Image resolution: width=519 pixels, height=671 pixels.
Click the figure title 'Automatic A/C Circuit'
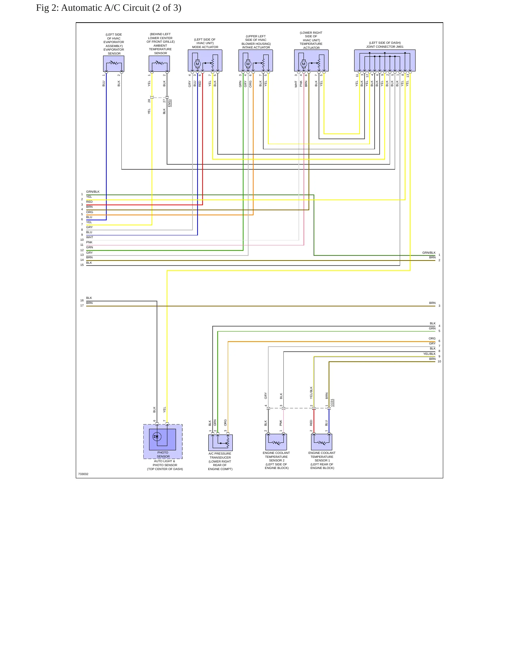click(105, 8)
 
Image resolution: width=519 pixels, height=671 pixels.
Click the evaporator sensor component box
click(113, 64)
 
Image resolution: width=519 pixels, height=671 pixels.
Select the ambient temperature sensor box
click(159, 64)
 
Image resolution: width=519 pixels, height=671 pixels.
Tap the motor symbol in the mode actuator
click(197, 64)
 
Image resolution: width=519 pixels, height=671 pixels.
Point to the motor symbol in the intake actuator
click(248, 64)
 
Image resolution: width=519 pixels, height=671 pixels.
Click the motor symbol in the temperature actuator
click(303, 64)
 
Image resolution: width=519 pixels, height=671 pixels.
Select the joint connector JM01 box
click(385, 60)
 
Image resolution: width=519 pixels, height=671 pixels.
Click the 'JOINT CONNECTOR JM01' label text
click(385, 47)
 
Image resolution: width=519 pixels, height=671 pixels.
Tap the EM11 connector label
click(170, 103)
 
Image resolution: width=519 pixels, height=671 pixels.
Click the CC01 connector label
click(332, 403)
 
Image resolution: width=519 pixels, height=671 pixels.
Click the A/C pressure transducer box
click(221, 443)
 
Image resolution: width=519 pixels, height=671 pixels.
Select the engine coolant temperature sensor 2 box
click(276, 442)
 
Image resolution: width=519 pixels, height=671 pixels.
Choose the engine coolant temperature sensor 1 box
click(321, 442)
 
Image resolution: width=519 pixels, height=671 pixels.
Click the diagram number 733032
click(83, 474)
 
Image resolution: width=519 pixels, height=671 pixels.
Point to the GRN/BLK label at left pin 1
click(93, 192)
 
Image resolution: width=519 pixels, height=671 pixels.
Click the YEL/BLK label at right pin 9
click(429, 354)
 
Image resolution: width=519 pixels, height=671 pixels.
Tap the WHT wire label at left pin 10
click(89, 237)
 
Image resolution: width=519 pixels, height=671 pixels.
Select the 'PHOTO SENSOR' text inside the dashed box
click(163, 454)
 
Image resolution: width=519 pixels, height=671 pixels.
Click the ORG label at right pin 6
click(432, 338)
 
